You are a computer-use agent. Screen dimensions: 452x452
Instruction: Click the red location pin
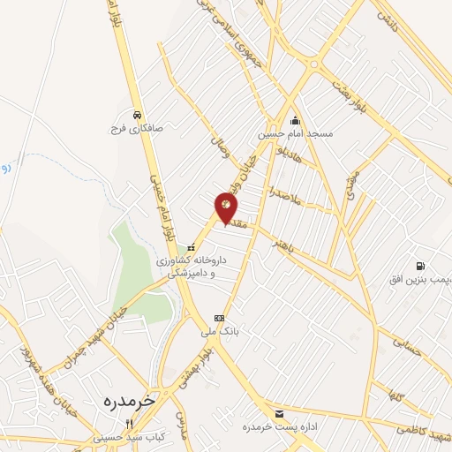coord(227,208)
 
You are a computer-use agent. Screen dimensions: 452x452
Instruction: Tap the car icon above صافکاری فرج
coord(137,115)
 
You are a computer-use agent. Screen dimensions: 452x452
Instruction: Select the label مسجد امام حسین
coord(295,134)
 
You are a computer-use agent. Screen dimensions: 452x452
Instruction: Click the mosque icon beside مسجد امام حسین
coord(295,121)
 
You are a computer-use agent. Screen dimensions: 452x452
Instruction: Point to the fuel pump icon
coord(420,266)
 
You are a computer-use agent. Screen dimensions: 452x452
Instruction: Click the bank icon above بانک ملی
coord(219,318)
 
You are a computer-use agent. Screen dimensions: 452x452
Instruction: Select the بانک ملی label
coord(221,332)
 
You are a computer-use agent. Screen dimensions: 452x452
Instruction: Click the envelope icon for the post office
coord(280,413)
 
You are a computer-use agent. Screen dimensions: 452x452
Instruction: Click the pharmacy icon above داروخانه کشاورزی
coord(191,248)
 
